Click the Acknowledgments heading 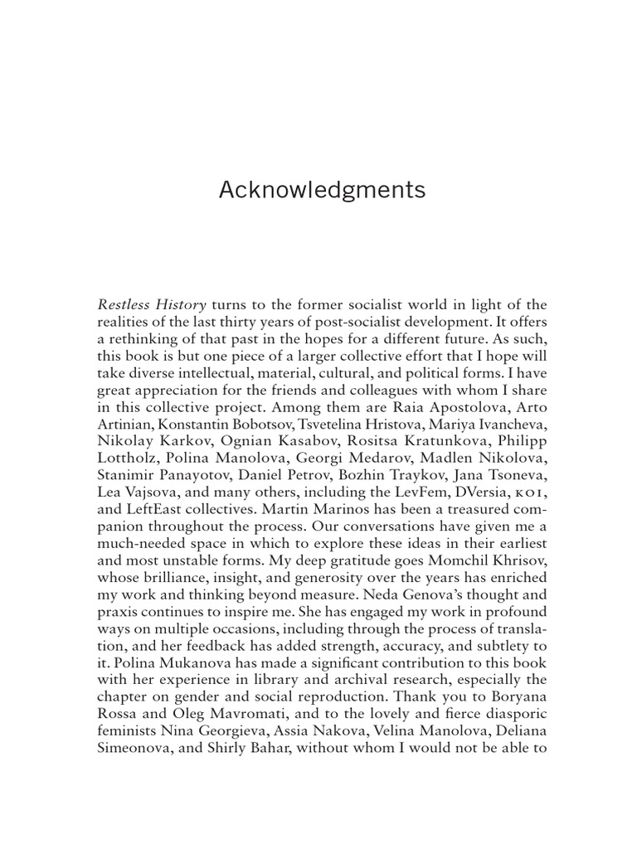coord(322,191)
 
